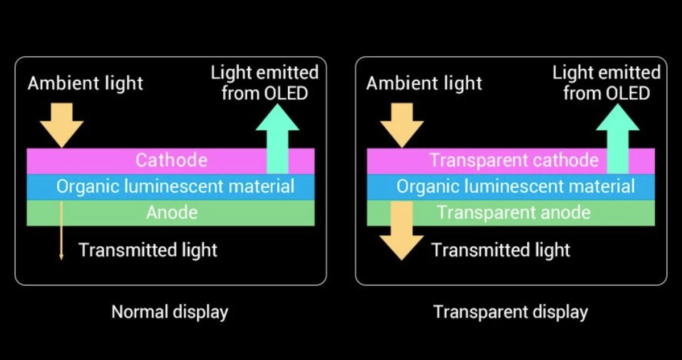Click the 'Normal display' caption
coord(169,312)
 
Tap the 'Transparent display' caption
coord(510,312)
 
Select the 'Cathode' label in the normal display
coord(171,160)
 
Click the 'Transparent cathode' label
coord(514,160)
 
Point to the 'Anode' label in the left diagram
coord(172,213)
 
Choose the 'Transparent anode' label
coord(514,213)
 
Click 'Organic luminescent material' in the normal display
coord(175,187)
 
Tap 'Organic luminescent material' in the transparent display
coord(515,187)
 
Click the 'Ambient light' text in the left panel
coord(85,84)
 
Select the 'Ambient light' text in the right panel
coord(424,84)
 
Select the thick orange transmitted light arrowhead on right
coord(402,246)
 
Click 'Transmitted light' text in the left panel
coord(148,250)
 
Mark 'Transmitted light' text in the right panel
coord(501,250)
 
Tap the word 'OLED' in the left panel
coord(286,93)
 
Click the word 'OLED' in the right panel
coord(627,93)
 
